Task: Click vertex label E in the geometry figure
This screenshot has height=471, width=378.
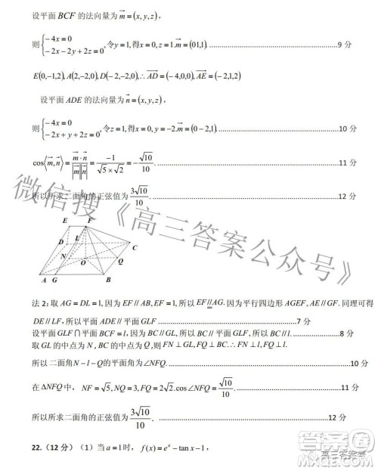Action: click(x=67, y=220)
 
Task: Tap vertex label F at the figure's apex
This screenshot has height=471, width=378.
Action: click(x=89, y=219)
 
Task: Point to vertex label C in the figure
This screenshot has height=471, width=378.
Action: click(x=135, y=247)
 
